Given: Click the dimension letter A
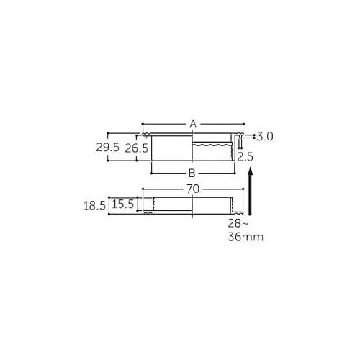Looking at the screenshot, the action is pyautogui.click(x=193, y=124).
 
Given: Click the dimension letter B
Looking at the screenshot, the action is pyautogui.click(x=192, y=173).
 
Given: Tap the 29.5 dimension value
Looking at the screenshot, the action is pyautogui.click(x=108, y=147).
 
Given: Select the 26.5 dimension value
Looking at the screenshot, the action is pyautogui.click(x=137, y=149).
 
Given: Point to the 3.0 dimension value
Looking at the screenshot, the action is pyautogui.click(x=265, y=137).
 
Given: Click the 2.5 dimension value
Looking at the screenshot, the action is pyautogui.click(x=245, y=157).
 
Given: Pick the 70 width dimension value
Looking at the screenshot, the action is pyautogui.click(x=193, y=189).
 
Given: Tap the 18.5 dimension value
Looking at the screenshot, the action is pyautogui.click(x=94, y=206).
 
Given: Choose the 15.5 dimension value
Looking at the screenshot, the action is pyautogui.click(x=123, y=204).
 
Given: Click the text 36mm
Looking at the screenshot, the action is pyautogui.click(x=246, y=238).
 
